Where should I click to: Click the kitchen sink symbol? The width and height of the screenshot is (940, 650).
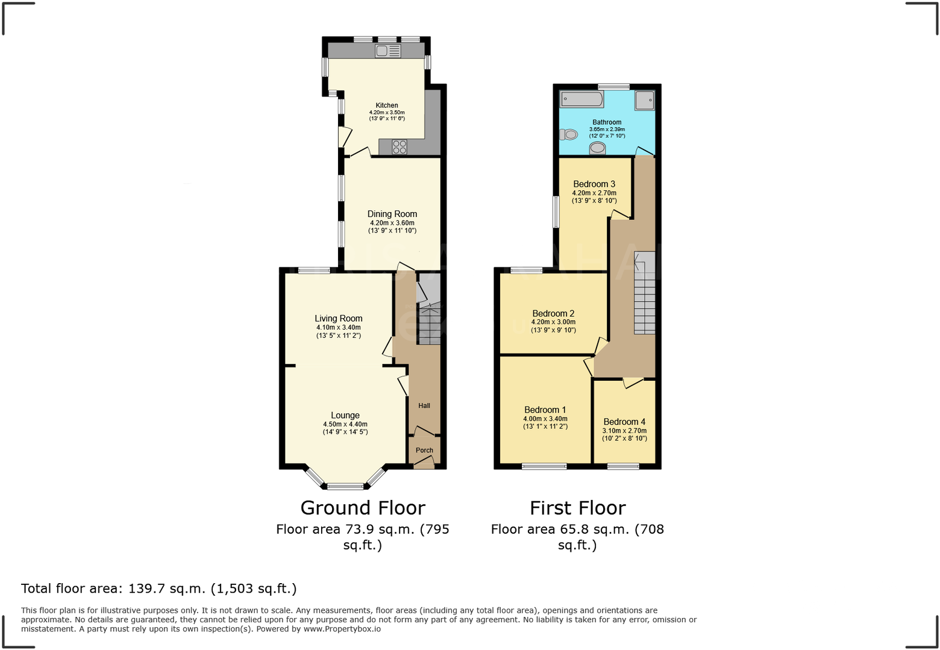coord(387,51)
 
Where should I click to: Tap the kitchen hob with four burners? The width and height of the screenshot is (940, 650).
coord(399,146)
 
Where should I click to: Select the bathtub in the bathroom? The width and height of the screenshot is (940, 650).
coord(581,99)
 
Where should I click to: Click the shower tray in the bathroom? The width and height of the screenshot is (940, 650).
coord(644,100)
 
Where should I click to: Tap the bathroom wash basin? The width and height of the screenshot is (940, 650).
coord(597,148)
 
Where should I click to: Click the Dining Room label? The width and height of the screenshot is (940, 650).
coord(392,214)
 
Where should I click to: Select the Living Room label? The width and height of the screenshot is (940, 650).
coord(339,319)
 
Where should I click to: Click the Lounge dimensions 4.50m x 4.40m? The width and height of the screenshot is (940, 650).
coord(345,424)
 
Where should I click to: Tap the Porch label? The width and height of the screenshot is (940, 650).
coord(424,450)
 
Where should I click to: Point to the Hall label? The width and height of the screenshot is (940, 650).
coord(424,405)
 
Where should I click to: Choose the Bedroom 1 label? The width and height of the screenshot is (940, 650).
coord(545,410)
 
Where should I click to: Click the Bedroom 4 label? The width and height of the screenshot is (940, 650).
coord(624,422)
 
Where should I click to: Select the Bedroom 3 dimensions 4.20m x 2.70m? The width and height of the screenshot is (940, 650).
coord(594,193)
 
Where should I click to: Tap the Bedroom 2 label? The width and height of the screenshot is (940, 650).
coord(553,313)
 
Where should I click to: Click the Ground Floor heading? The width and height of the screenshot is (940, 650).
coord(363,508)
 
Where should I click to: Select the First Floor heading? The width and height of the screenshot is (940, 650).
coord(577,508)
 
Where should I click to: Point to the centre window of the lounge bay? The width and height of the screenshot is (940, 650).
coord(345,486)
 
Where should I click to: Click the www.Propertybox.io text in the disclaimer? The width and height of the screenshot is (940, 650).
coord(342,629)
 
